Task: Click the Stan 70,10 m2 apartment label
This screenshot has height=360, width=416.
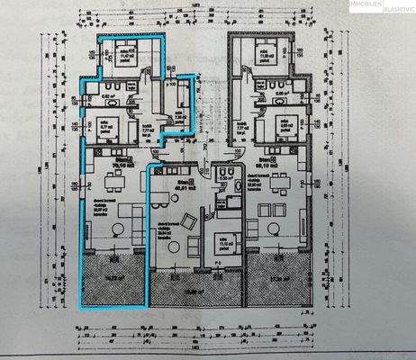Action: tap(118, 165)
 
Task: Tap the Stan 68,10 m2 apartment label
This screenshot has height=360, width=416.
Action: tap(265, 165)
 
